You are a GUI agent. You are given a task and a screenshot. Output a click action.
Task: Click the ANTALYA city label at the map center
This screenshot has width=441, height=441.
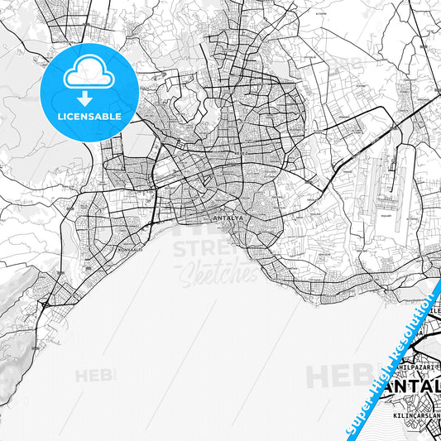coord(229,218)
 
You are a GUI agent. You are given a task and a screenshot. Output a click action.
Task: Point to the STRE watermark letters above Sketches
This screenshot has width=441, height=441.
coord(203,248)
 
